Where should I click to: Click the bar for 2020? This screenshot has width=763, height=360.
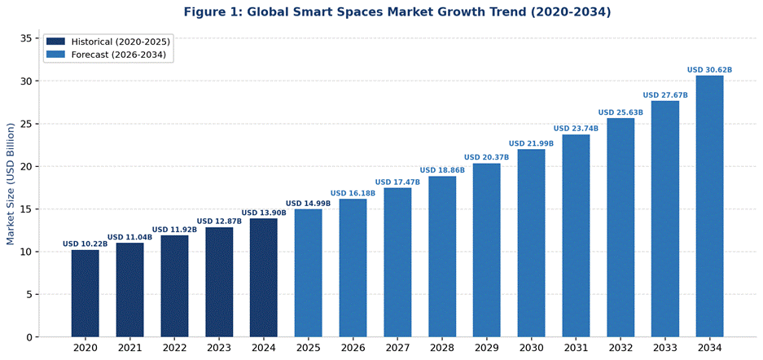[85, 293]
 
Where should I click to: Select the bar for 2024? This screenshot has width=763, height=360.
[264, 278]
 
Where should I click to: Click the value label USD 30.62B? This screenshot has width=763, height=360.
[709, 70]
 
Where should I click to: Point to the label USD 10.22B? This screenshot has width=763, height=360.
[85, 244]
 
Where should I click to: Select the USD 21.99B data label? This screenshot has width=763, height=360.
[531, 144]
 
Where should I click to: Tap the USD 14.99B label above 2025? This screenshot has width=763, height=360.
[308, 204]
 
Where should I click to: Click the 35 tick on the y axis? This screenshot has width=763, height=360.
[26, 38]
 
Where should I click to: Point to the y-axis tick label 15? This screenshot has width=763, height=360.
[26, 209]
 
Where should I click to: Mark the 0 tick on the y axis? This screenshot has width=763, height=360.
[29, 337]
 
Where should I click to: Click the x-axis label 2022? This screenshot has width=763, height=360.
[174, 348]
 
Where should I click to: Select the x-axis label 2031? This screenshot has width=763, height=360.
[576, 348]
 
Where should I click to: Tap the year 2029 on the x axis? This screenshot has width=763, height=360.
[486, 348]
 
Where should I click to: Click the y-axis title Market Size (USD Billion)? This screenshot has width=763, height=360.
[11, 184]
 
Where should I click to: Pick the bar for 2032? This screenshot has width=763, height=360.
[620, 228]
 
